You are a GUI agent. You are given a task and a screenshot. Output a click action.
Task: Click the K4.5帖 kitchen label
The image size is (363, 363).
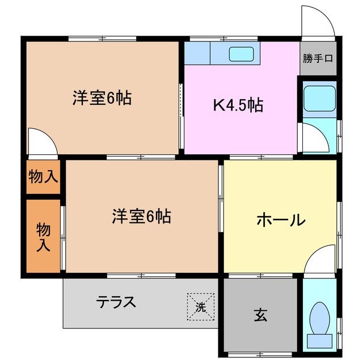[238, 105]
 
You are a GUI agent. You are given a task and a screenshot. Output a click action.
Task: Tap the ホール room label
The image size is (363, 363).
[281, 220]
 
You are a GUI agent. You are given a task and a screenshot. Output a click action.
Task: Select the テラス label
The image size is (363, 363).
[116, 302]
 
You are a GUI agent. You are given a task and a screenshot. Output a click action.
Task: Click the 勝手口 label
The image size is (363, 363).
[318, 58]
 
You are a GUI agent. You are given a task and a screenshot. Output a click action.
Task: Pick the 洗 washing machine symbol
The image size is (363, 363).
[201, 307]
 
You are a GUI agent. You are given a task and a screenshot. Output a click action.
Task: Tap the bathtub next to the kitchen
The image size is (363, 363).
[319, 99]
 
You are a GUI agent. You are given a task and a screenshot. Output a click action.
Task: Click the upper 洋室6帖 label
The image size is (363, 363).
[102, 98]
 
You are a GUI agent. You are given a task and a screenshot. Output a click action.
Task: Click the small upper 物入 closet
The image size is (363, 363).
[43, 176]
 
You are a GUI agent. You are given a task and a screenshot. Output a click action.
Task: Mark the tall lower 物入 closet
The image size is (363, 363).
[43, 236]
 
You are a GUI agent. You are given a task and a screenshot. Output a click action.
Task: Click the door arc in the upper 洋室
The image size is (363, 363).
[42, 141]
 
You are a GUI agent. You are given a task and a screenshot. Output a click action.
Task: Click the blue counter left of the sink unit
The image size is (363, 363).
[197, 54]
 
